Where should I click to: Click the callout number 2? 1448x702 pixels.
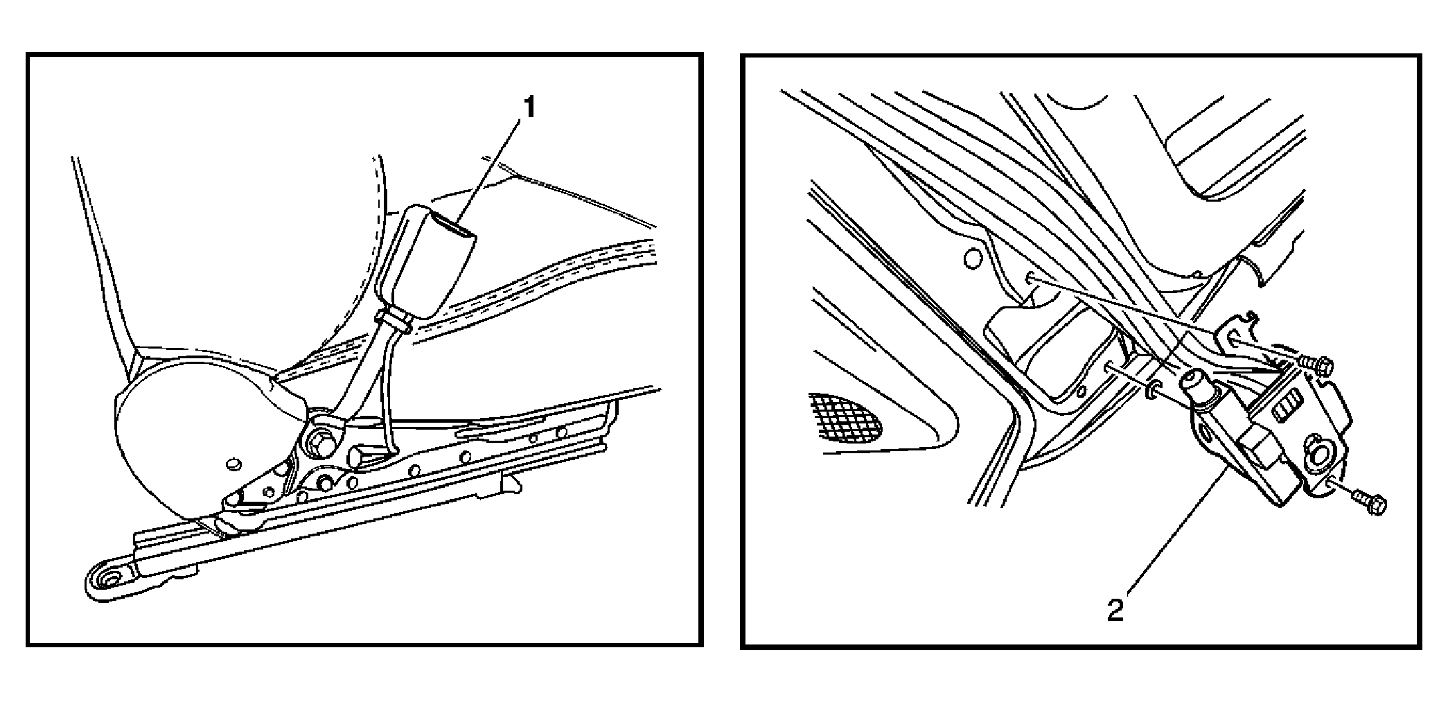1115,611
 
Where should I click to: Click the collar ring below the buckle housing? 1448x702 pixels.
392,320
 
